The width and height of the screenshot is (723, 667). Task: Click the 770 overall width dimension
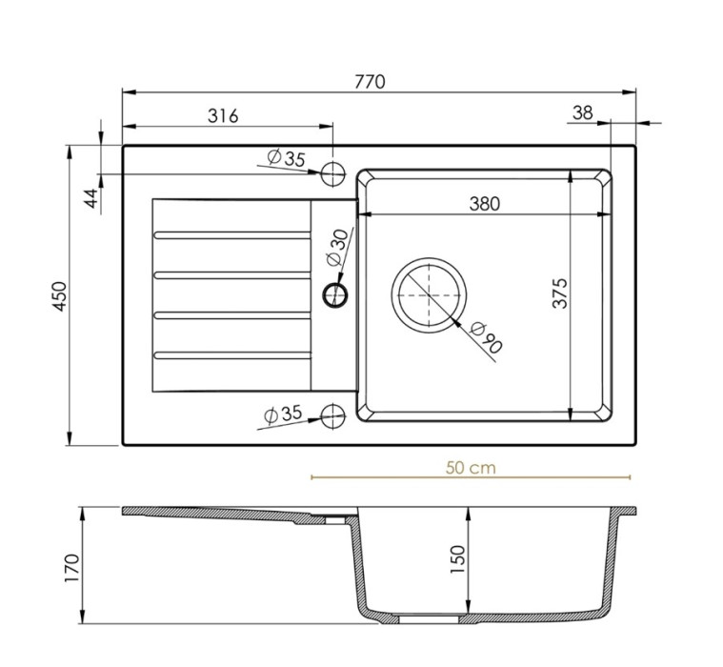[370, 82]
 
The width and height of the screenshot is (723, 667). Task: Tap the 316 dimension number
[223, 116]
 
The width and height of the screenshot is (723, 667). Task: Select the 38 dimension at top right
[582, 112]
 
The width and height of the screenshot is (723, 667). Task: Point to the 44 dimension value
[92, 198]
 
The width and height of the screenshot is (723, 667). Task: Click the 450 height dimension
[59, 295]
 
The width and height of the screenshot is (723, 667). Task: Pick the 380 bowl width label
[485, 203]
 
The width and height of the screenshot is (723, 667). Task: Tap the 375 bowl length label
[560, 293]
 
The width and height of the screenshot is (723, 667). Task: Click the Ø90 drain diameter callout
[486, 338]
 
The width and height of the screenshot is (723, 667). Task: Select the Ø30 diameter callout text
[338, 247]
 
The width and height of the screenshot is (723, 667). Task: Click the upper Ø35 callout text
[287, 158]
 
